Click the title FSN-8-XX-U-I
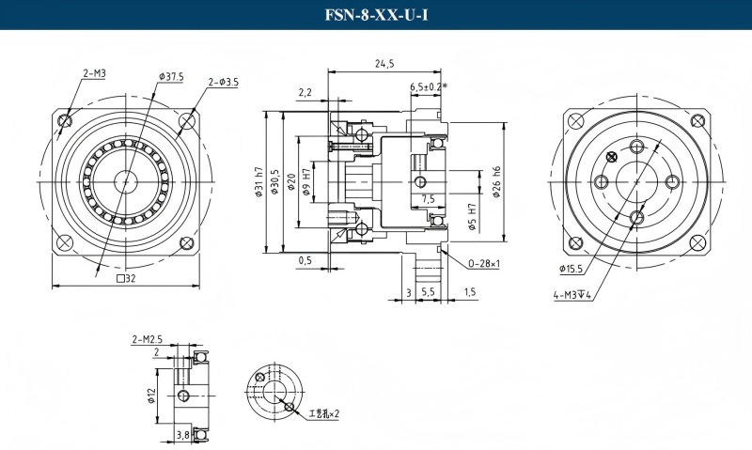point(375,16)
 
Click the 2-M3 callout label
point(94,72)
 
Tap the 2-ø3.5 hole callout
point(223,83)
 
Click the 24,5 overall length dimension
point(384,64)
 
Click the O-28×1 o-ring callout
point(483,264)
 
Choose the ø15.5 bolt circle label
point(573,269)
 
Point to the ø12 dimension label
point(151,395)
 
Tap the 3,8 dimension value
point(184,434)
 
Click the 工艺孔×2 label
point(323,412)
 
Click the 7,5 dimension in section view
point(428,199)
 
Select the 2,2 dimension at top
point(305,92)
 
